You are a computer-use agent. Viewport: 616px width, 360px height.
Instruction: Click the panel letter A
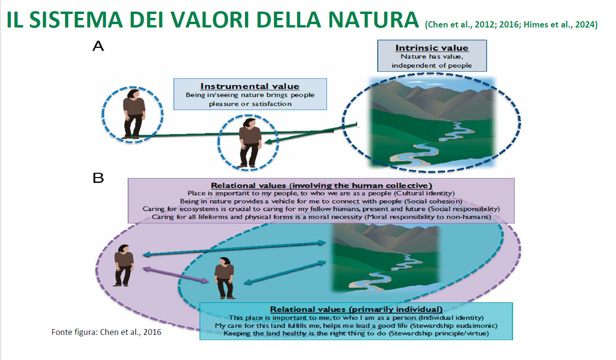pos(98,46)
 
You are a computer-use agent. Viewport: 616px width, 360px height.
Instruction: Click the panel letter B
pos(98,178)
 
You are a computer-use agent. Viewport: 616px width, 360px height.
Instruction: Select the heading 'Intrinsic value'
pos(432,48)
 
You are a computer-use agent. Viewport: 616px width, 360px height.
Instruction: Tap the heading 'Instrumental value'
pos(250,86)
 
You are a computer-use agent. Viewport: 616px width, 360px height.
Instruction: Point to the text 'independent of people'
pos(432,66)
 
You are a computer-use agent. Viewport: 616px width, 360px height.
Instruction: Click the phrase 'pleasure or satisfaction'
pos(250,104)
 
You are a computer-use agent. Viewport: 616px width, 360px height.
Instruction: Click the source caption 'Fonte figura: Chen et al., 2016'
pos(106,332)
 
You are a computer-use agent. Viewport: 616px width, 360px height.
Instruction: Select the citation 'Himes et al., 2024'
pos(559,25)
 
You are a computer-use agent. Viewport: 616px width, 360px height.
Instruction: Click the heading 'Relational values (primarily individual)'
pos(356,309)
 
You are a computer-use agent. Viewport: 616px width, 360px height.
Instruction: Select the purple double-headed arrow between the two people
pos(176,275)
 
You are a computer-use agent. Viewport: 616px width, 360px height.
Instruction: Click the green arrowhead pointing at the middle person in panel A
pos(270,142)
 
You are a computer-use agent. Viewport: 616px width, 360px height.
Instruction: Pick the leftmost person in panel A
pos(134,113)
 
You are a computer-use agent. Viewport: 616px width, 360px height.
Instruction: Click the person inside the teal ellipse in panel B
pos(225,278)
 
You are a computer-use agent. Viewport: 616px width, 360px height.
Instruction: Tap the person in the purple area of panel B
pos(124,265)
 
